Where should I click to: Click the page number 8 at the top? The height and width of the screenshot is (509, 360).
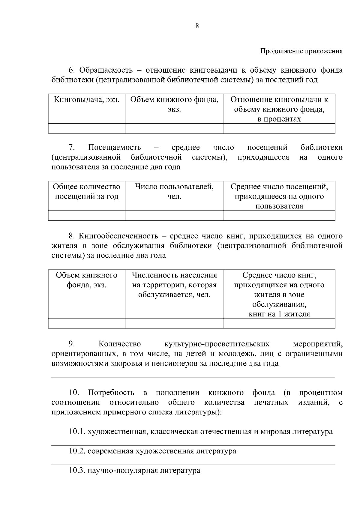tap(197, 26)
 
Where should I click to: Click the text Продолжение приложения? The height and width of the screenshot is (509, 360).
tap(301, 51)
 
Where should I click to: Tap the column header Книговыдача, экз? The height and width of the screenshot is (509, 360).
tap(86, 100)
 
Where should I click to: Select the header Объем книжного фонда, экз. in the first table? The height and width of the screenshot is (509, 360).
tap(174, 104)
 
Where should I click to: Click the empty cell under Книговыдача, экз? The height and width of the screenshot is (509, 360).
tap(86, 128)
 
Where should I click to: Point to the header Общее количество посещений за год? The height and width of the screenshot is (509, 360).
tap(86, 191)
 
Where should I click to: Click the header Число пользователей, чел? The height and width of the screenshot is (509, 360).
tap(174, 191)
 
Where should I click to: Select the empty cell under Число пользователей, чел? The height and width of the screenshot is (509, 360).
tap(174, 215)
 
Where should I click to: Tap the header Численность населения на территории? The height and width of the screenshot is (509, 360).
tap(174, 285)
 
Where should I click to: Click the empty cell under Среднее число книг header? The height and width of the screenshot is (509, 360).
tap(279, 323)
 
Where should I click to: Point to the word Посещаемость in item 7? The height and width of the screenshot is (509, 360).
tap(115, 148)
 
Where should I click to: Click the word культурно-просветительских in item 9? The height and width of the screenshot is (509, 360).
tap(217, 344)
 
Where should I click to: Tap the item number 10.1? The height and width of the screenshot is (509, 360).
tap(77, 432)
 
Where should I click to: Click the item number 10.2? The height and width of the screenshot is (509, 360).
tap(77, 451)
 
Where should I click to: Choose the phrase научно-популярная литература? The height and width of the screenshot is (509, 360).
tap(144, 471)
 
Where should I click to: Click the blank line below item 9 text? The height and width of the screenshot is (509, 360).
tap(193, 376)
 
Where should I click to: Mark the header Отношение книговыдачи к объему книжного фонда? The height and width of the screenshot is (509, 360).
tap(279, 109)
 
